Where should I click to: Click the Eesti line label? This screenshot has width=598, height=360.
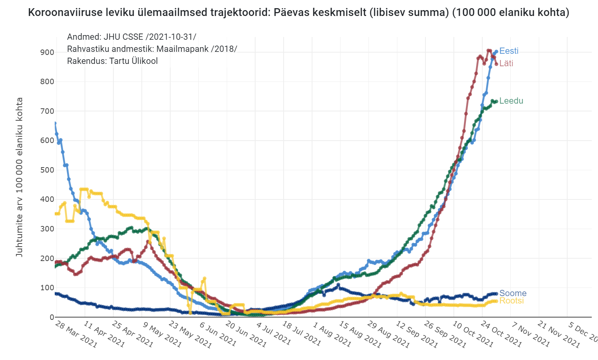click(x=509, y=51)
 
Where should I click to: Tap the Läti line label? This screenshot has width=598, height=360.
click(x=506, y=64)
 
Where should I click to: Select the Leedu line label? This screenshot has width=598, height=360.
click(x=511, y=101)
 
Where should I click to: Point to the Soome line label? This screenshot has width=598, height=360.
click(x=513, y=293)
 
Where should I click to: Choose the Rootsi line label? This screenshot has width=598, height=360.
click(x=512, y=301)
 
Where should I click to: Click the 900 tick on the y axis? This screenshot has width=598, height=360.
click(x=47, y=52)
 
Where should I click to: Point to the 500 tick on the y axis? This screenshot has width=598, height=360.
click(x=47, y=170)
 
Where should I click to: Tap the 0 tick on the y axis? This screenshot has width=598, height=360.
click(x=51, y=317)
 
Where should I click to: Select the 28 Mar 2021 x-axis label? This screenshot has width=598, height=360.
click(x=76, y=334)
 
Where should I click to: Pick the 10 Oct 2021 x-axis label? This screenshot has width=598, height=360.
click(x=473, y=334)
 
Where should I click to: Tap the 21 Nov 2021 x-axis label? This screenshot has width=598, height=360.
click(x=558, y=334)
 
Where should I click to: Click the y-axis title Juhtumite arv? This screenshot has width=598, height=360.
click(x=19, y=177)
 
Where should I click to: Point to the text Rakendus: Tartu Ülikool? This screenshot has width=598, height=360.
click(x=112, y=61)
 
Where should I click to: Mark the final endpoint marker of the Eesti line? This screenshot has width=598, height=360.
click(x=496, y=51)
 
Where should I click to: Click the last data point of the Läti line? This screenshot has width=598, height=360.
click(x=496, y=64)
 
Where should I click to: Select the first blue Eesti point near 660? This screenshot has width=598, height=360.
click(x=55, y=124)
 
